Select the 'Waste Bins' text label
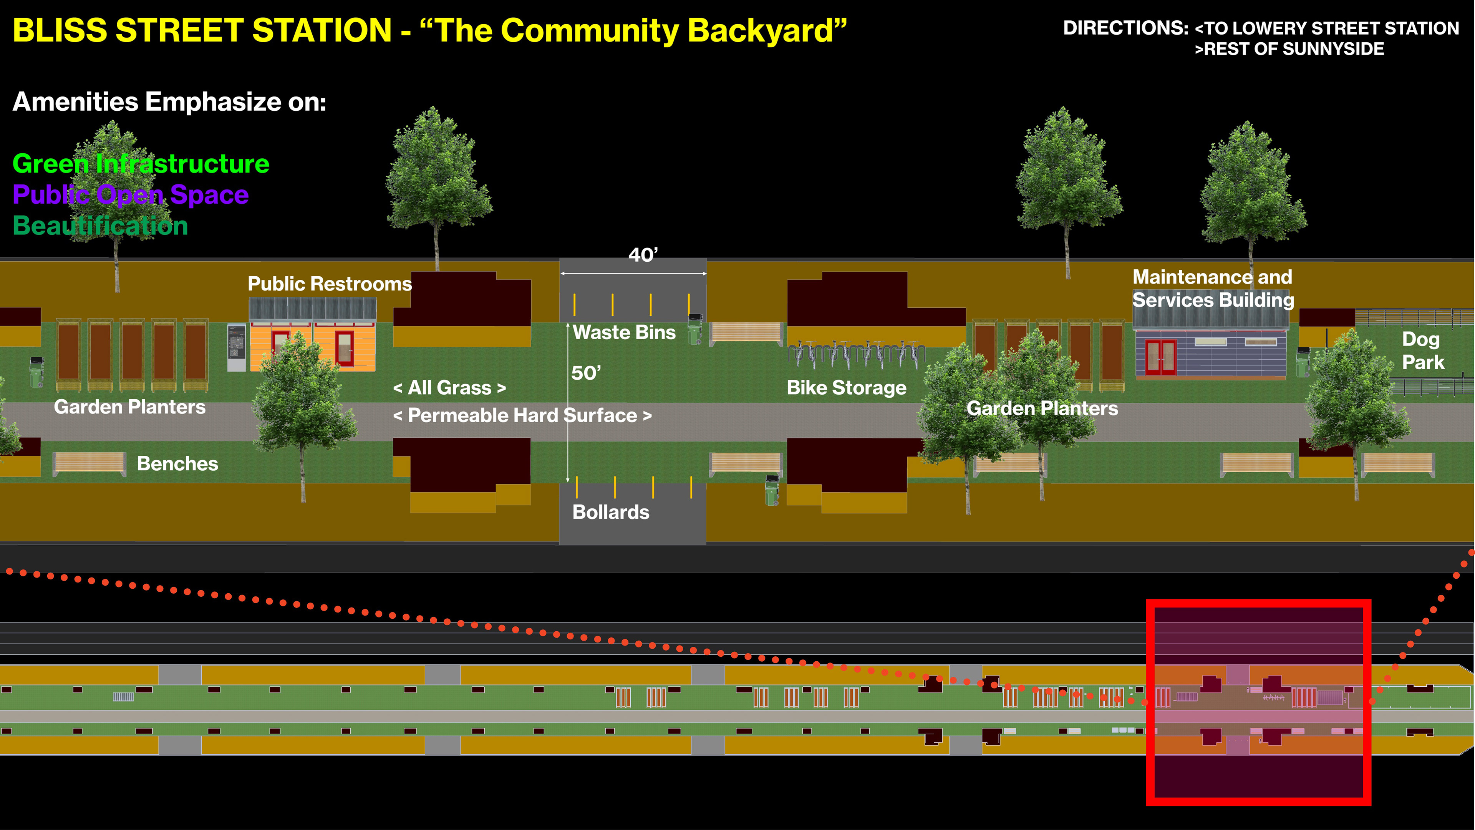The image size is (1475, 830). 624,332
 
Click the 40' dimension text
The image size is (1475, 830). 643,255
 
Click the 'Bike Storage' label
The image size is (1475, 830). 846,388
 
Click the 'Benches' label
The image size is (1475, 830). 177,463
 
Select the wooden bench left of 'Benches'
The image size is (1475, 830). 89,463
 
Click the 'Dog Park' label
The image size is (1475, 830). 1423,350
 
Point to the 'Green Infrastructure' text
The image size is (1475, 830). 141,164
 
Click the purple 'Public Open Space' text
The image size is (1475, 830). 131,195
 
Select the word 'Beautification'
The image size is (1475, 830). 100,226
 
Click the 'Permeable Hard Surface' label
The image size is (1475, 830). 522,415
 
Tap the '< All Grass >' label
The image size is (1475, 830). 449,388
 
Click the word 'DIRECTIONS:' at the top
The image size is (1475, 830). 1125,28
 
